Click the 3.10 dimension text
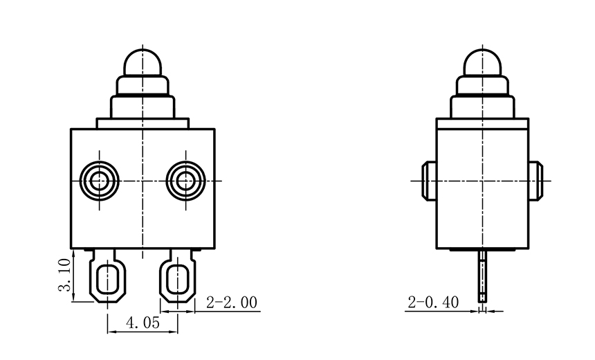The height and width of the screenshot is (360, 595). [64, 276]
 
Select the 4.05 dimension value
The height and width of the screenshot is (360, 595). [142, 323]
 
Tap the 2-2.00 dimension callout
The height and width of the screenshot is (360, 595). [232, 303]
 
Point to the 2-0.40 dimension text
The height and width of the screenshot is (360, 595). [433, 303]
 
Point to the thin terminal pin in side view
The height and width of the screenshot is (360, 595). [482, 277]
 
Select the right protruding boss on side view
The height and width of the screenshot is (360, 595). [535, 181]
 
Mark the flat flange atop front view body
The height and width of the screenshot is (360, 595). [143, 123]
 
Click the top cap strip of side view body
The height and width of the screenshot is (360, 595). [482, 124]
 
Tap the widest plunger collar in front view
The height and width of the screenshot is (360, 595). [143, 106]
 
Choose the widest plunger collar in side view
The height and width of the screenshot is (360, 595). [482, 106]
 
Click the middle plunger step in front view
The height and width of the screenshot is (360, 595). [143, 85]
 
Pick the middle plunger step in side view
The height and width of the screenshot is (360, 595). [482, 85]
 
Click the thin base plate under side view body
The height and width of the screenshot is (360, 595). [482, 251]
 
